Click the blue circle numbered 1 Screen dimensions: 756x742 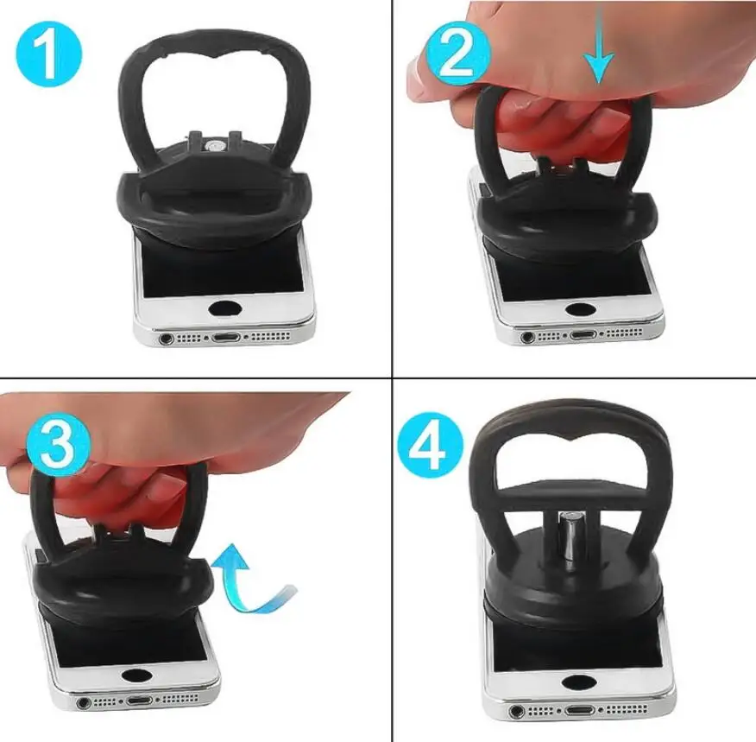(48, 54)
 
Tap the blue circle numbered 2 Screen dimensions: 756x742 (457, 53)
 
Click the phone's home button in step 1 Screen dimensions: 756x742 (226, 308)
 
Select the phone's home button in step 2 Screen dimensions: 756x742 (579, 309)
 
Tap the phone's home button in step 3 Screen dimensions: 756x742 (136, 675)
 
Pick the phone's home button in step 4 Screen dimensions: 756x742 (579, 682)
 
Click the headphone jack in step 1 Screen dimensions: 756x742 (167, 339)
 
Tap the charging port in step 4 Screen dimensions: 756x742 (581, 710)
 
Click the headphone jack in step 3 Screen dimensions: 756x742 (85, 702)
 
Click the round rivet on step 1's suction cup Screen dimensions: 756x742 (211, 145)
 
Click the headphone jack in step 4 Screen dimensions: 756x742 (516, 710)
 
